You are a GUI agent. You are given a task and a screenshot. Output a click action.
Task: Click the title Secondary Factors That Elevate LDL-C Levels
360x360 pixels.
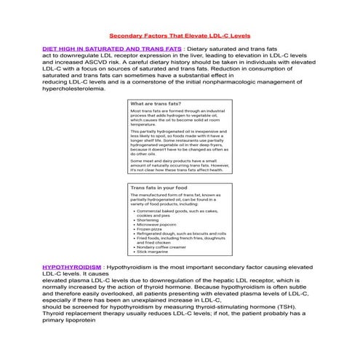(x=179, y=35)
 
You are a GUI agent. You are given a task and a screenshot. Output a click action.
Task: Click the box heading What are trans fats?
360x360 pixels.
(x=156, y=104)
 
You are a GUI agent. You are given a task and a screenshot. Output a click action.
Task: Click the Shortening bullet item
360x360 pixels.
(x=150, y=219)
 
